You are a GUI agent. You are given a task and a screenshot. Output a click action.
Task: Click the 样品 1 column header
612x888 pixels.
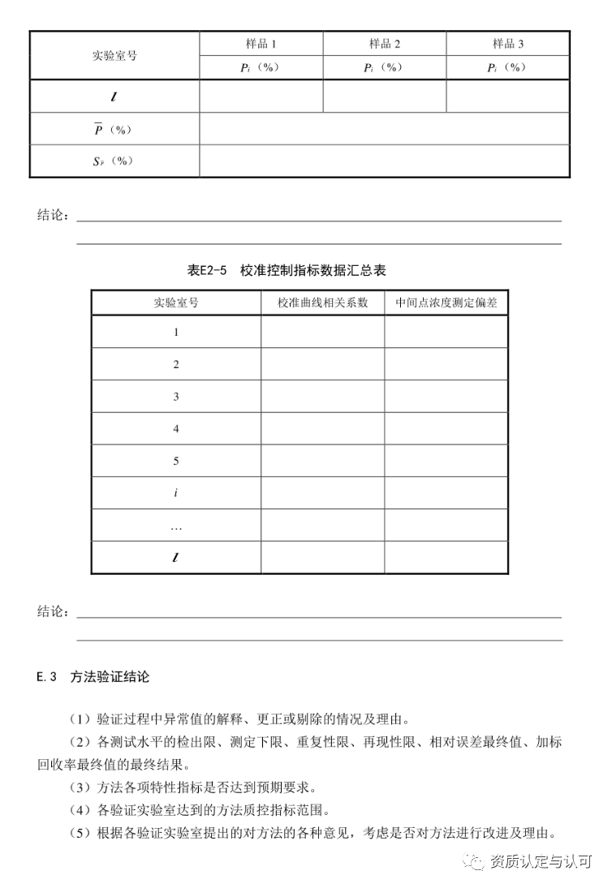261,44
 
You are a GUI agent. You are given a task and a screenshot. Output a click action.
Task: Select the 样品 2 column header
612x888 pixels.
385,44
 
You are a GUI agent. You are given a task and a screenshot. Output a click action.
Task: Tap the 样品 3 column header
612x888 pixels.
508,44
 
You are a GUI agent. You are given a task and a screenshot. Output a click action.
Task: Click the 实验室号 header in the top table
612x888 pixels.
114,56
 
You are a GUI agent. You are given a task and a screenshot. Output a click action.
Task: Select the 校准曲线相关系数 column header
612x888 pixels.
322,302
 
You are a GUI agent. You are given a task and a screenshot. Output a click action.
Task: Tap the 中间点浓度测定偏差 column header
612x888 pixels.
446,302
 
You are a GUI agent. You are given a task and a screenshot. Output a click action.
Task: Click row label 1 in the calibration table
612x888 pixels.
176,332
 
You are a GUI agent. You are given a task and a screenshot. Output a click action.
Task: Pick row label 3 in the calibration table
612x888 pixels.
176,397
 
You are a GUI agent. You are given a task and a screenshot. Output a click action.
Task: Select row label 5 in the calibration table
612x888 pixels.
176,461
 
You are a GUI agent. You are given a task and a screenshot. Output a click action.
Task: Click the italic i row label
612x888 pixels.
176,493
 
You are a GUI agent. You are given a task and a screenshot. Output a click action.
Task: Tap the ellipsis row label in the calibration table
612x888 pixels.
176,526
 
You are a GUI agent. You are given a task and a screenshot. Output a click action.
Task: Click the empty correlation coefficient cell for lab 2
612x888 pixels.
322,364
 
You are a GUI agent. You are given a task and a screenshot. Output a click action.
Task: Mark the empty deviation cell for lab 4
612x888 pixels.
446,429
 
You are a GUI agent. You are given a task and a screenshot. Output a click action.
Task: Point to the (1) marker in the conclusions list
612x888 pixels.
83,719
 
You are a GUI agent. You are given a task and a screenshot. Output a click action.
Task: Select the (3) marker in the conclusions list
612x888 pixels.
83,787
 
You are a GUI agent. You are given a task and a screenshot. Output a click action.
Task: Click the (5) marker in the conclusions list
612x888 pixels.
83,832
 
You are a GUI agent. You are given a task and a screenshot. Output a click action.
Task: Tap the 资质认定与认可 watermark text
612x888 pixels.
541,862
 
